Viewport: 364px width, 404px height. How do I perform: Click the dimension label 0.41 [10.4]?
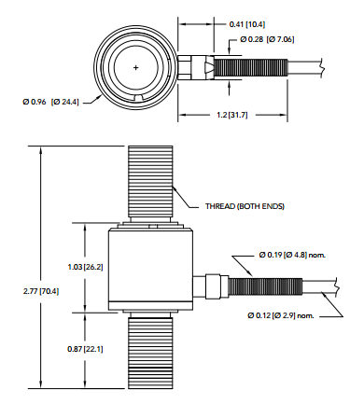[247, 24]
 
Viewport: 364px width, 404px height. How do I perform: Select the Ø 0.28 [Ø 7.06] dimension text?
[267, 39]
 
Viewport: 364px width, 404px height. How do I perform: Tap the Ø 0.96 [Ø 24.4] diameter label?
[50, 102]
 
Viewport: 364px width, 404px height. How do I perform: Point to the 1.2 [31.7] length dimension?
[232, 115]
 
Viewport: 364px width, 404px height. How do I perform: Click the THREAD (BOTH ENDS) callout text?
[245, 206]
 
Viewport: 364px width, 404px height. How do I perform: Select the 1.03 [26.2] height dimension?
[85, 267]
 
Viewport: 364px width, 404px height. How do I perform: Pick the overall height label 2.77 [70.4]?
[41, 291]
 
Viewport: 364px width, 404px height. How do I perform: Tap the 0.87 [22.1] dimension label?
[85, 349]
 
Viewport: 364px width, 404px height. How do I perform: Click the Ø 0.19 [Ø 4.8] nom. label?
[292, 255]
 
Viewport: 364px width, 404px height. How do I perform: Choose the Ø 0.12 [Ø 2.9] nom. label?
[281, 315]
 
